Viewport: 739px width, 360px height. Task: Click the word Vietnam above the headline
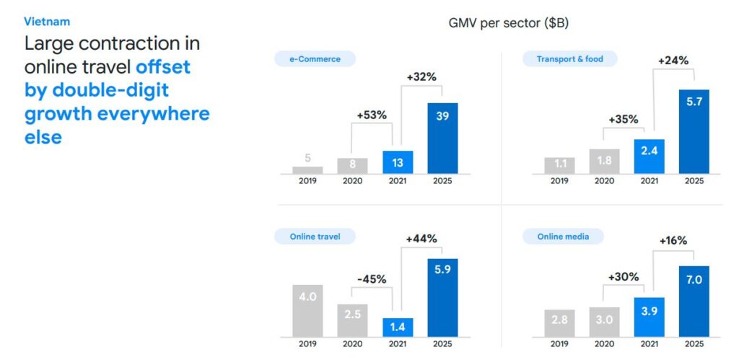coord(47,22)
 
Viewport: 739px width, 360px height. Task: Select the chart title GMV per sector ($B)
coord(508,23)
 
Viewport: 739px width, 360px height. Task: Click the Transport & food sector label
coord(569,59)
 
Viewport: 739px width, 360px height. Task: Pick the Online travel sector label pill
coord(315,236)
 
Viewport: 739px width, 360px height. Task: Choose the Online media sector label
coord(563,236)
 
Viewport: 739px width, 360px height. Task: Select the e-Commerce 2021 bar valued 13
coord(398,162)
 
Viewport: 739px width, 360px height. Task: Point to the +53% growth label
coord(372,115)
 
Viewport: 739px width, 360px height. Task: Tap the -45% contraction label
coord(372,279)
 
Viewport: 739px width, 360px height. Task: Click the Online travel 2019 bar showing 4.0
coord(307,310)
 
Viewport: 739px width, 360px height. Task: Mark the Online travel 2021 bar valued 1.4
coord(398,328)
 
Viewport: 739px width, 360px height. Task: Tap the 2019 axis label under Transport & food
coord(559,181)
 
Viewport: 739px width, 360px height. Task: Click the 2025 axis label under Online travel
coord(442,344)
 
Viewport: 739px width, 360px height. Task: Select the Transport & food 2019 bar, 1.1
coord(559,164)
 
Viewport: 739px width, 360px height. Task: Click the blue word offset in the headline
coord(163,67)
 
